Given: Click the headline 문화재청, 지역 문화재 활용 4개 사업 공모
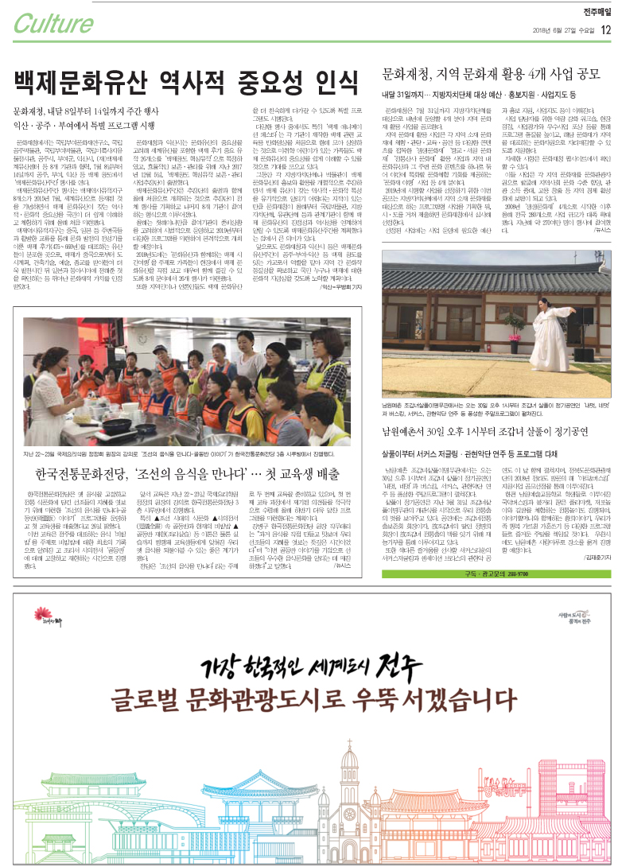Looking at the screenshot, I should tap(491, 76).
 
